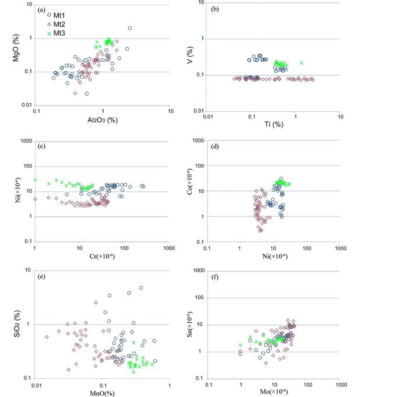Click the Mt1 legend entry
coord(57,15)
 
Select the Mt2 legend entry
coord(57,24)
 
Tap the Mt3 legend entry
coord(57,34)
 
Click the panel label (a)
coord(41,9)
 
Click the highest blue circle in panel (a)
coord(129,28)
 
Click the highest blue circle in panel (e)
coord(141,288)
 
